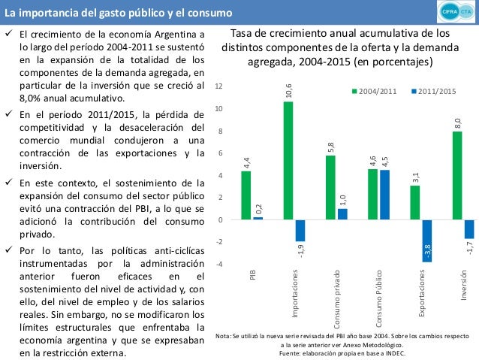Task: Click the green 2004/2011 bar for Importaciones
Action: click(288, 160)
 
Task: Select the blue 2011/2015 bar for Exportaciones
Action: click(426, 241)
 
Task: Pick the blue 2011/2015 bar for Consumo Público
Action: click(384, 195)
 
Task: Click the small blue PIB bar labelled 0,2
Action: click(258, 218)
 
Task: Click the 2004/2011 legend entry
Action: click(376, 92)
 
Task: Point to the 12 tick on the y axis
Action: click(218, 87)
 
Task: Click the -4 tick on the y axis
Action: click(218, 264)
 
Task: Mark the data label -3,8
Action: click(426, 251)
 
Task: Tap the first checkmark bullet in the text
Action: click(8, 35)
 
